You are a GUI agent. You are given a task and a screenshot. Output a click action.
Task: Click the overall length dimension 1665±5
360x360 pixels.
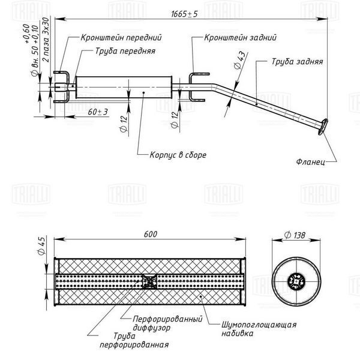pos(184,14)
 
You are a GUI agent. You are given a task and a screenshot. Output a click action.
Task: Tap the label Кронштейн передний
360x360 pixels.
pos(121,37)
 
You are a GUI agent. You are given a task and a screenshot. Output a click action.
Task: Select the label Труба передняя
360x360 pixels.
pos(125,51)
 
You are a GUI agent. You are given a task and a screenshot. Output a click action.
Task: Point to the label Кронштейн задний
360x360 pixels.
pos(241,37)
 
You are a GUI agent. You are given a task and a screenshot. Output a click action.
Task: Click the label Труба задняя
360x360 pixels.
pos(298,62)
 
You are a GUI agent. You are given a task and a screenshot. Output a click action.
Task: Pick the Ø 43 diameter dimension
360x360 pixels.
pos(239,60)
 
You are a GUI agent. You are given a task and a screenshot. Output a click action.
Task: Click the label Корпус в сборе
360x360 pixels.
pos(178,155)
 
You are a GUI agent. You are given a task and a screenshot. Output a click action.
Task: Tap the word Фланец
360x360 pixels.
pos(311,161)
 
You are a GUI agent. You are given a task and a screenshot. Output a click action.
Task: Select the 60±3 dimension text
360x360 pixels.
pos(98,112)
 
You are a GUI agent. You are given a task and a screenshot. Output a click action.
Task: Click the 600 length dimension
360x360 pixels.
pos(151,234)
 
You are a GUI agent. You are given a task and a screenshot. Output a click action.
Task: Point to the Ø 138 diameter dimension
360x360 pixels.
pos(295,235)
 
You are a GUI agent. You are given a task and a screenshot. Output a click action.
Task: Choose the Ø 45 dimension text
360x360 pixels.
pos(41,245)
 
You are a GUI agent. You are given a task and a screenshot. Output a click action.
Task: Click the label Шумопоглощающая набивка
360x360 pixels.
pos(259,329)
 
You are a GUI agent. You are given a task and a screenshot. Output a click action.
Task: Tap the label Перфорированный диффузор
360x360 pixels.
pos(167,323)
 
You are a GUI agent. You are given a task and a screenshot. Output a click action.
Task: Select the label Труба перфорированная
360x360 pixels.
pos(134,340)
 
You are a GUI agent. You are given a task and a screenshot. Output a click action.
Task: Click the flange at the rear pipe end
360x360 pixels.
pos(323,127)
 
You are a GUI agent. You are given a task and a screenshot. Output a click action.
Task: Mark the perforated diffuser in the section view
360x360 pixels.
pos(149,281)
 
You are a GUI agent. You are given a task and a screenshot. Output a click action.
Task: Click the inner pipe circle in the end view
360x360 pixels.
pos(296,281)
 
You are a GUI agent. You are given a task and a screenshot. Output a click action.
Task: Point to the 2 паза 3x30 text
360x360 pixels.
pos(46,40)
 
